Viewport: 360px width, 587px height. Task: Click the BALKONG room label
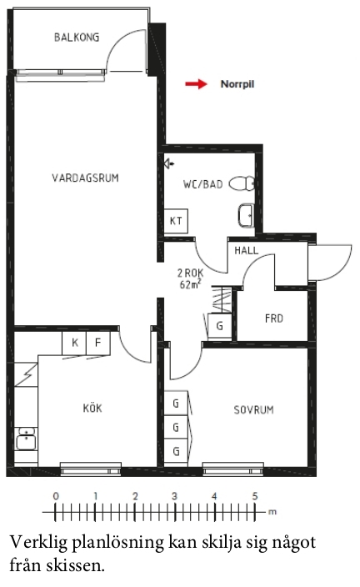click(77, 37)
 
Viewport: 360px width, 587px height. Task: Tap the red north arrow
click(196, 84)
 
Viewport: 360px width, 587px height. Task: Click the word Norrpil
click(237, 84)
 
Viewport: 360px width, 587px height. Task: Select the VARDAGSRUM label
click(85, 178)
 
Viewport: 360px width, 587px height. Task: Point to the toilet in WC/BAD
click(242, 183)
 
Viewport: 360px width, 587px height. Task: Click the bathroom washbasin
click(246, 215)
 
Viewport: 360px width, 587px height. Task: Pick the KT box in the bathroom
click(176, 221)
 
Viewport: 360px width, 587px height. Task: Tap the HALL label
click(246, 250)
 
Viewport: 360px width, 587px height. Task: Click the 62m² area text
click(190, 284)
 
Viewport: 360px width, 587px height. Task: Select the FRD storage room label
click(274, 319)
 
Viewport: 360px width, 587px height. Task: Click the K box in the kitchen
click(74, 343)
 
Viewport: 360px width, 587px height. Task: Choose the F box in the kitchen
click(98, 343)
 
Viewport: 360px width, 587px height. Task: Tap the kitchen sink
click(26, 439)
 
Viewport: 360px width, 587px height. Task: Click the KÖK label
click(92, 408)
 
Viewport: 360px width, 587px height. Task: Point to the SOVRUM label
click(253, 410)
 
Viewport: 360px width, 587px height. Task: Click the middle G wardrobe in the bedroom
click(176, 427)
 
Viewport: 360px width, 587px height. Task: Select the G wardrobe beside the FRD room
click(220, 326)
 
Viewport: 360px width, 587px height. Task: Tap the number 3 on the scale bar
click(174, 496)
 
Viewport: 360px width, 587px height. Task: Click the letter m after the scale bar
click(272, 512)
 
